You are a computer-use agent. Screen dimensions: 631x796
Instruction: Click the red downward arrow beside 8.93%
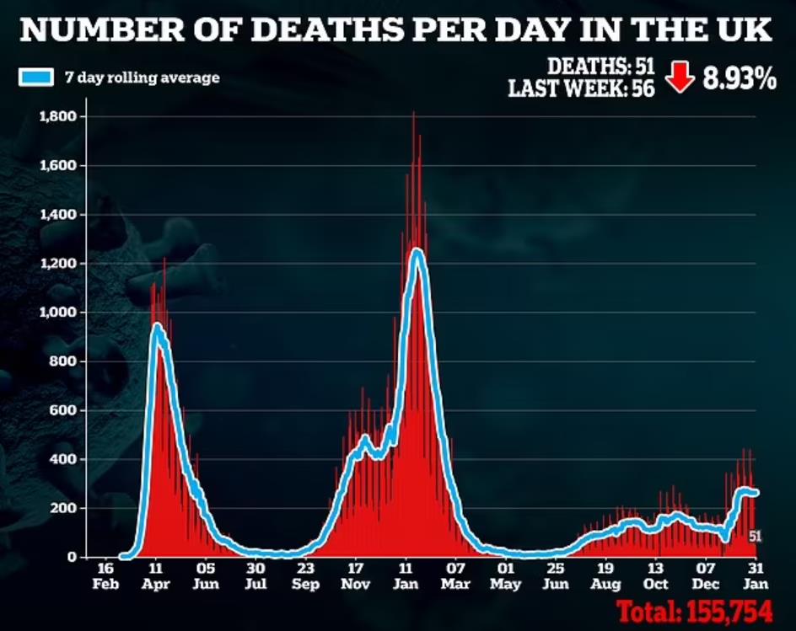[x=680, y=78]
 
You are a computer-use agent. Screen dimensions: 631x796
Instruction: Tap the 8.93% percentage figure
[x=740, y=79]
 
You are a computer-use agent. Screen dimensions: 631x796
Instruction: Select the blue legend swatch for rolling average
[x=36, y=78]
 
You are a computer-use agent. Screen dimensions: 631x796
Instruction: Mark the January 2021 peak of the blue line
[x=417, y=250]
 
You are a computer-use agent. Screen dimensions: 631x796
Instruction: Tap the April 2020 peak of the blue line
[x=157, y=326]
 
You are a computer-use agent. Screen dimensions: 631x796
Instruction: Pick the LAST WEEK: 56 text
[x=581, y=88]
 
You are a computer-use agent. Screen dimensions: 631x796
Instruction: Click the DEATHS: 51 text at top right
[x=600, y=66]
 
